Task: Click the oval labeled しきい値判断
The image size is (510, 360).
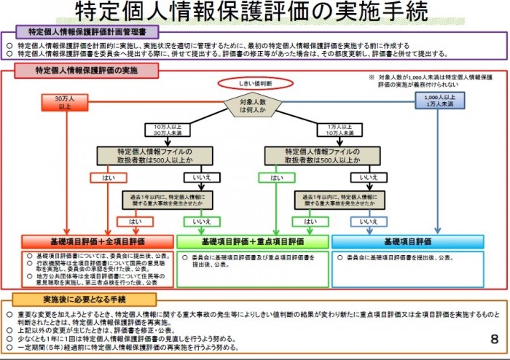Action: pyautogui.click(x=254, y=84)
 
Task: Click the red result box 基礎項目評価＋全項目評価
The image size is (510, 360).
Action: pyautogui.click(x=98, y=241)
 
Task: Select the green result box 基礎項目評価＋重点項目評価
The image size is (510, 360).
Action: pyautogui.click(x=254, y=241)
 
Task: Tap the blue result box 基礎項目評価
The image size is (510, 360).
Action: pyautogui.click(x=408, y=241)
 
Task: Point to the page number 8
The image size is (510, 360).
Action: pyautogui.click(x=495, y=340)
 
